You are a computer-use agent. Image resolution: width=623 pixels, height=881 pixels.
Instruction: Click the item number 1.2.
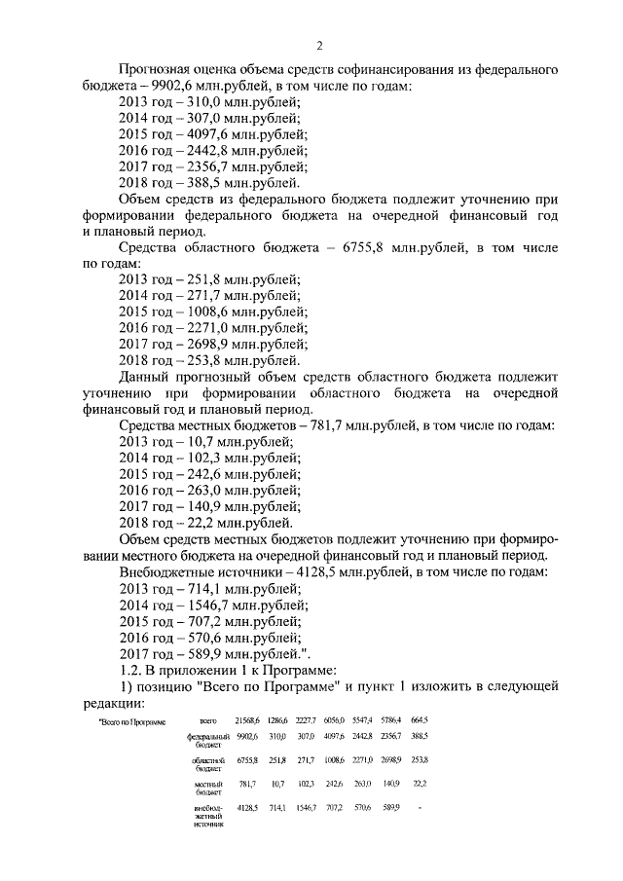pos(130,671)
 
